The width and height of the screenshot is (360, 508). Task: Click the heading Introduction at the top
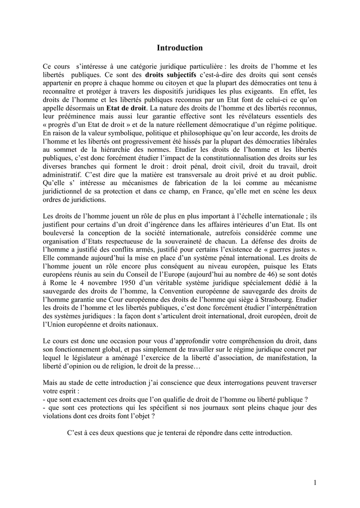pyautogui.click(x=180, y=48)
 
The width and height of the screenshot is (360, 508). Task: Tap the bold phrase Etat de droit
pyautogui.click(x=127, y=107)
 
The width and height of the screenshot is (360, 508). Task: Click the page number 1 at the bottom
pyautogui.click(x=315, y=482)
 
